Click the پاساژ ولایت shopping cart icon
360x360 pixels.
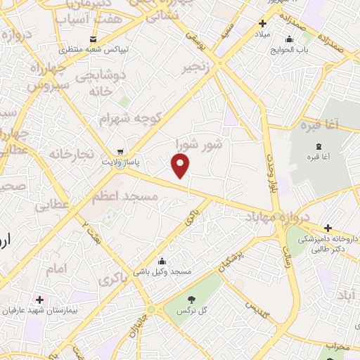point(120,151)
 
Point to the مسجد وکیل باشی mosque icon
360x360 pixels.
point(162,261)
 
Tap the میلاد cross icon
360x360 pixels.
point(262,23)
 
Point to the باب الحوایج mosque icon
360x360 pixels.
point(290,39)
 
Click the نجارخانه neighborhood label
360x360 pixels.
point(70,153)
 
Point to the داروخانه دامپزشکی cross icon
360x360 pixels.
point(328,228)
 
